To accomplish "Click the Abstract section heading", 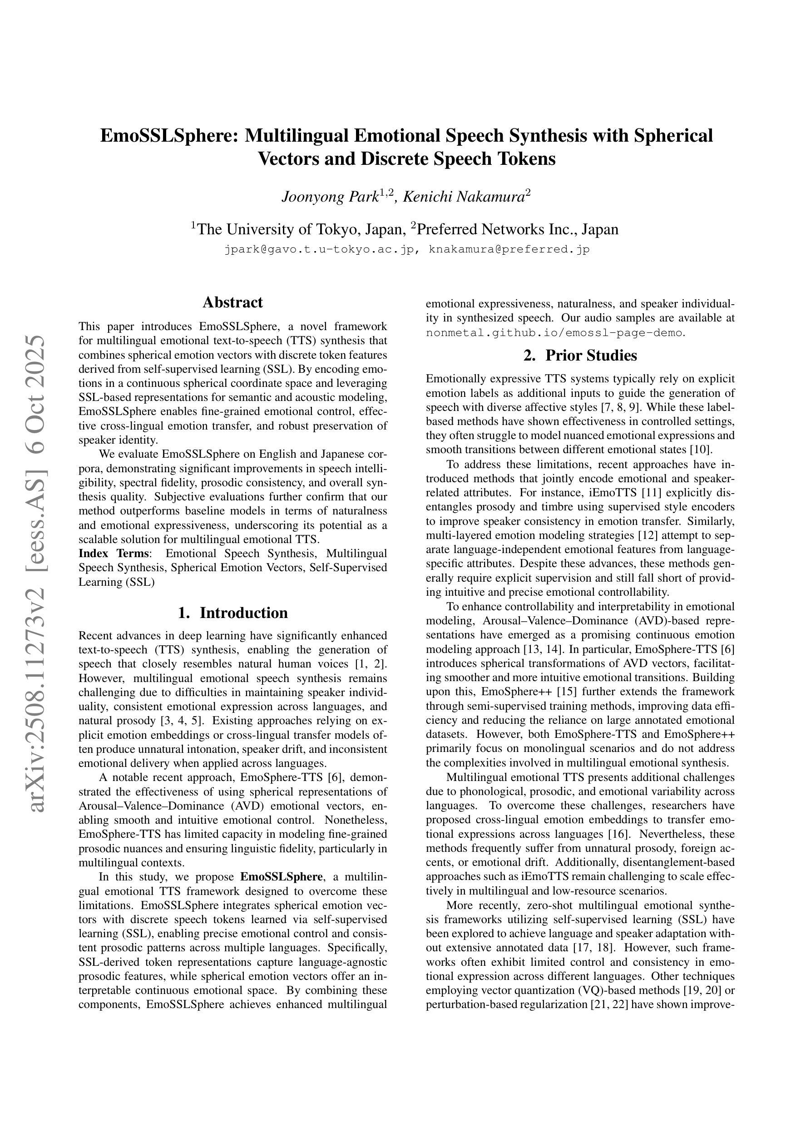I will coord(232,302).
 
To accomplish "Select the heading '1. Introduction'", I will coord(232,613).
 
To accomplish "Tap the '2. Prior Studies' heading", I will coord(580,355).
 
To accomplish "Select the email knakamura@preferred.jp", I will coord(509,249).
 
